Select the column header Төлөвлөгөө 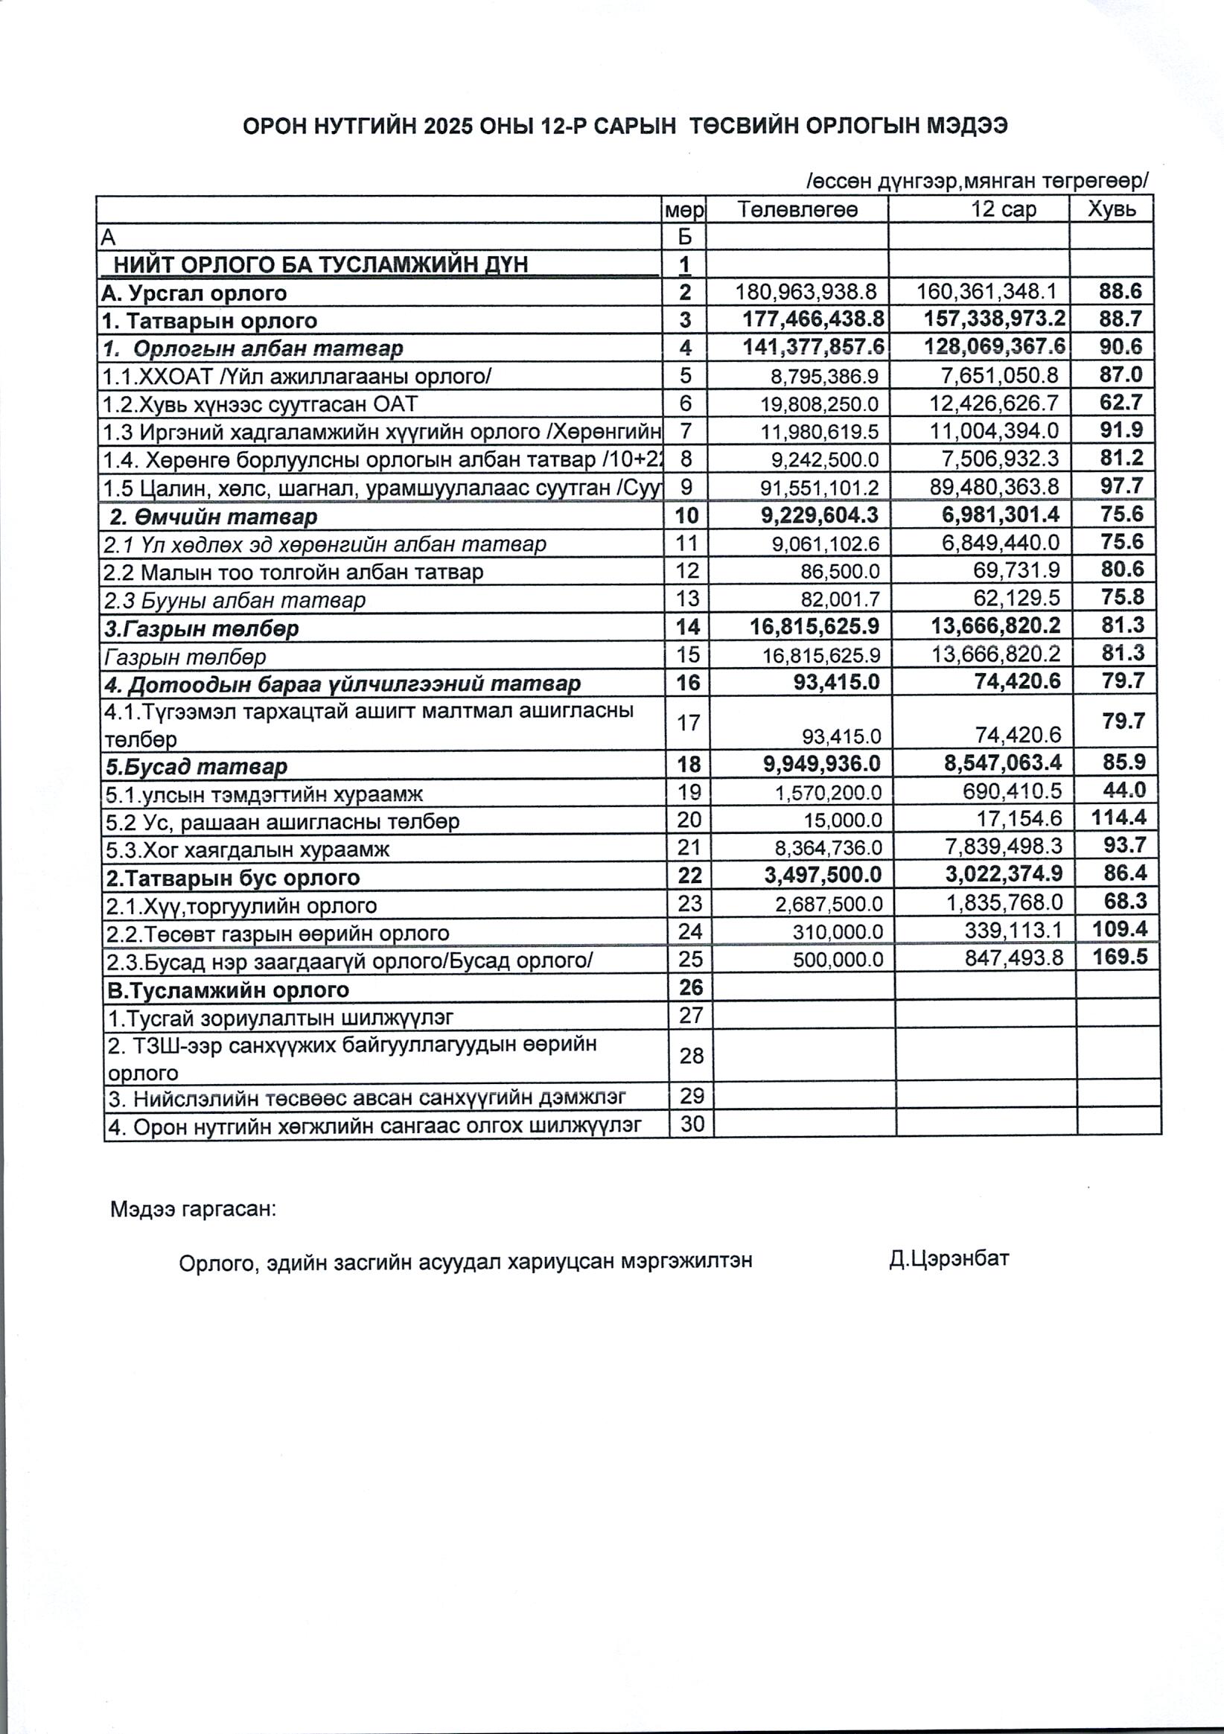[x=797, y=209]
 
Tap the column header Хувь [x=1112, y=208]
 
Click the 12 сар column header [x=1004, y=209]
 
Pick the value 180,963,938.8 [x=806, y=293]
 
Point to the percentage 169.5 [x=1120, y=957]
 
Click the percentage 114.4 [x=1118, y=817]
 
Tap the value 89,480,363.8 [x=995, y=487]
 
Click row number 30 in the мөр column [x=692, y=1123]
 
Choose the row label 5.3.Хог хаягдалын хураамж [x=248, y=850]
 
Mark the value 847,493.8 [x=1014, y=958]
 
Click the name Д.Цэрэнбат [x=949, y=1258]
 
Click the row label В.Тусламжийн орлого [x=229, y=990]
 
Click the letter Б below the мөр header [x=684, y=238]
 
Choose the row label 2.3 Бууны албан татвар [x=234, y=600]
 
